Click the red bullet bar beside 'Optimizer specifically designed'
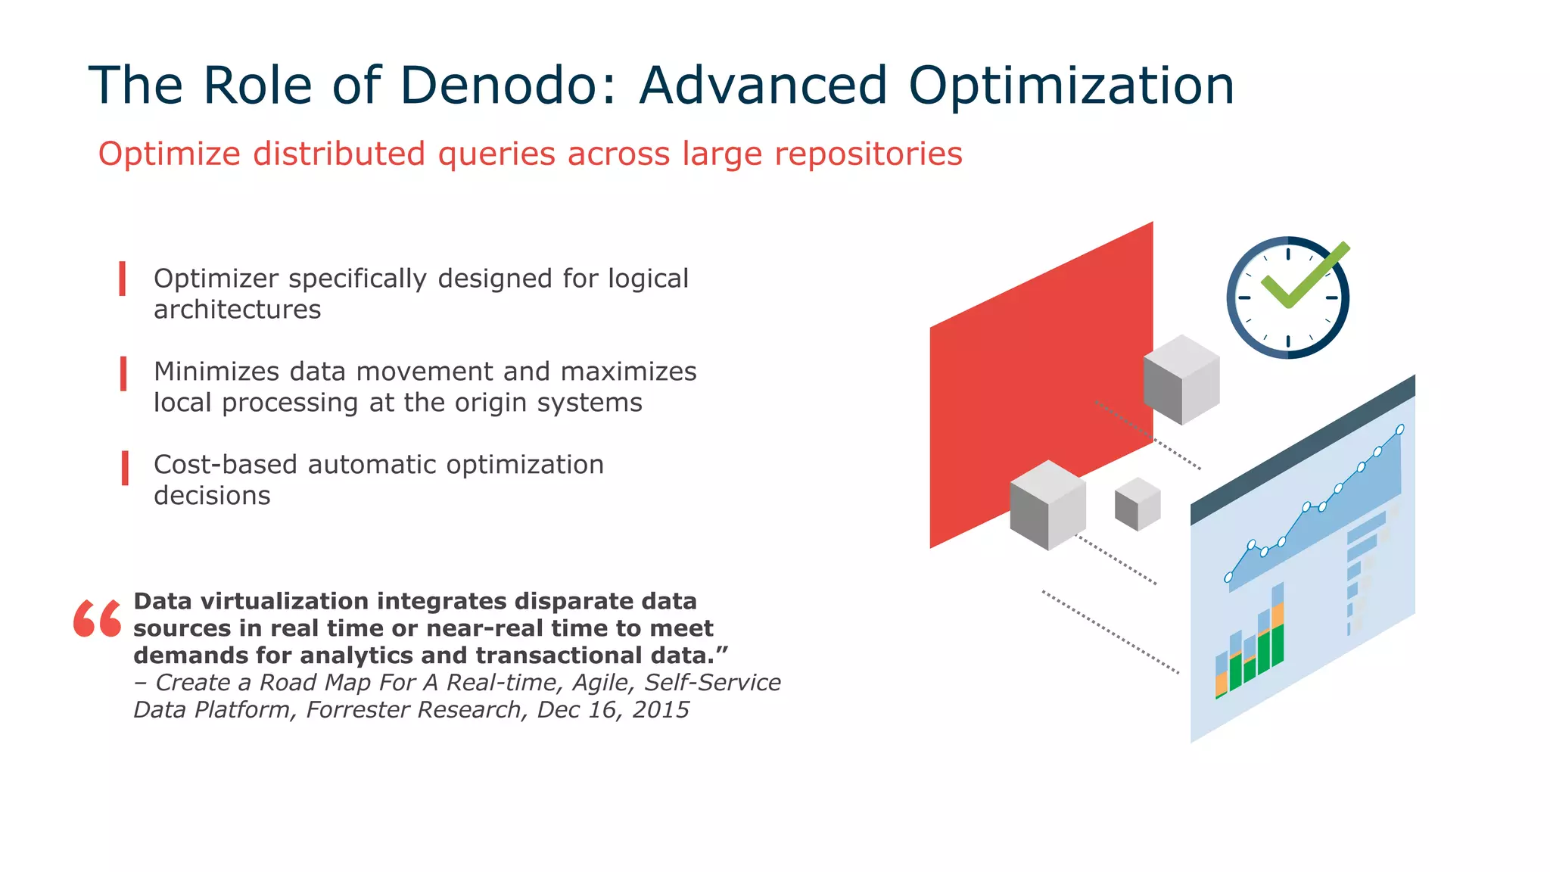click(x=123, y=279)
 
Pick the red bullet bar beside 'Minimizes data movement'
click(x=123, y=373)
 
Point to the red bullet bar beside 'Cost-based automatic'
click(x=125, y=467)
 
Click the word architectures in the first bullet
click(x=237, y=310)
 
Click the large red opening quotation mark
click(x=97, y=618)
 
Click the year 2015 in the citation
click(x=661, y=710)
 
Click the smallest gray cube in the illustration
click(x=1138, y=504)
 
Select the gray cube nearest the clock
click(x=1181, y=379)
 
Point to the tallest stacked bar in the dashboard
click(x=1278, y=624)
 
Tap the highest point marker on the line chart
click(x=1400, y=429)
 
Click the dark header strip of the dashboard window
click(x=1302, y=450)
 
